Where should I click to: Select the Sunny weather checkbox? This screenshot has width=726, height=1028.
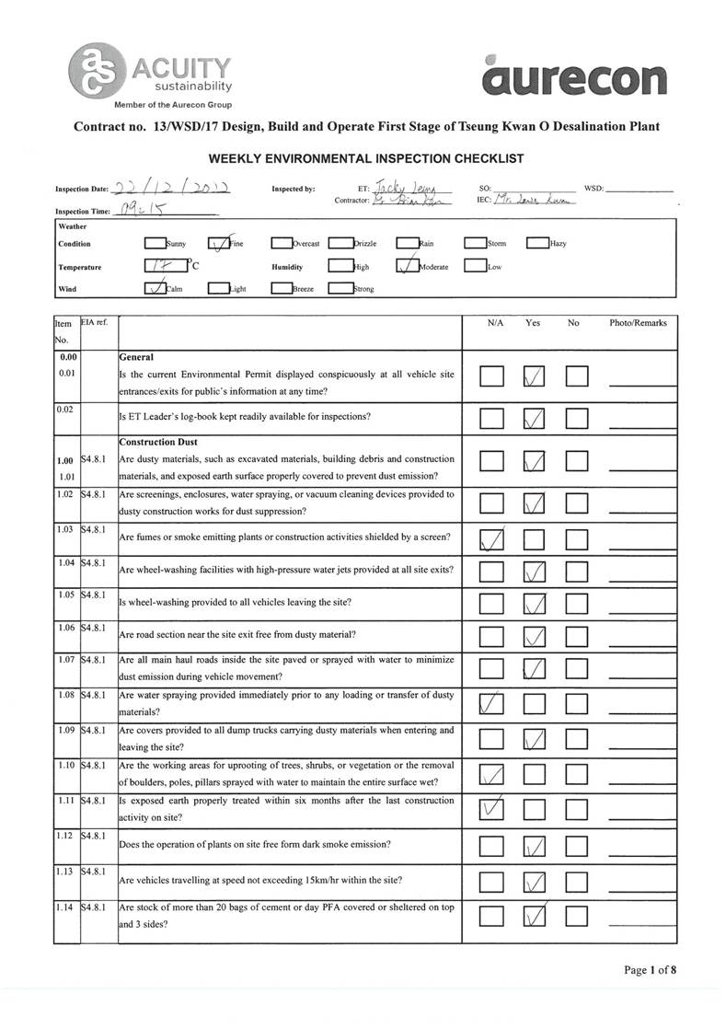pyautogui.click(x=155, y=244)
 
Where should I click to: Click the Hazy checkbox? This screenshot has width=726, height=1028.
pyautogui.click(x=536, y=244)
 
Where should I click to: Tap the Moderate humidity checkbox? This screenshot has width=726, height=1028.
pyautogui.click(x=408, y=267)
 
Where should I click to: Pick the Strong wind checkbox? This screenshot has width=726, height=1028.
pyautogui.click(x=340, y=288)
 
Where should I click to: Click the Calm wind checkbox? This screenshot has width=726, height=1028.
pyautogui.click(x=155, y=288)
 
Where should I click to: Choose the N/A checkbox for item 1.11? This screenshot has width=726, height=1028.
pyautogui.click(x=491, y=810)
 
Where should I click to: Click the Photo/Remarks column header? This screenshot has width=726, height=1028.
pyautogui.click(x=638, y=323)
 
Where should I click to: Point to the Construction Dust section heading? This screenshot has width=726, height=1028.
pyautogui.click(x=158, y=442)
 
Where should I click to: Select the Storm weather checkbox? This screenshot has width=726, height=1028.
pyautogui.click(x=474, y=244)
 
